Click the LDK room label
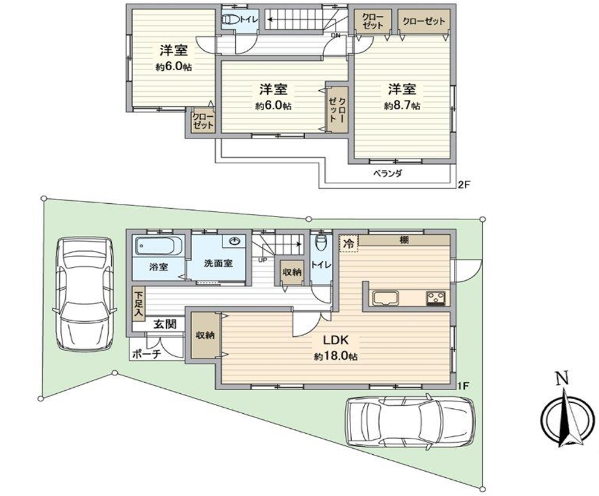click(x=336, y=339)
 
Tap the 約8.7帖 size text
click(x=402, y=106)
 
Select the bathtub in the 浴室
click(x=158, y=247)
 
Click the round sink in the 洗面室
click(x=235, y=241)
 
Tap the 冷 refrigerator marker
click(x=348, y=244)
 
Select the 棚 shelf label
click(x=404, y=240)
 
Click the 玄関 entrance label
click(x=165, y=324)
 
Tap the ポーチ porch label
click(x=146, y=354)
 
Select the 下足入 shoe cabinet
click(x=138, y=303)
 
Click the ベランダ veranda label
click(x=387, y=174)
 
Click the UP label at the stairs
click(x=263, y=261)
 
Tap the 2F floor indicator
click(x=464, y=184)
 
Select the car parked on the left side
click(x=83, y=293)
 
